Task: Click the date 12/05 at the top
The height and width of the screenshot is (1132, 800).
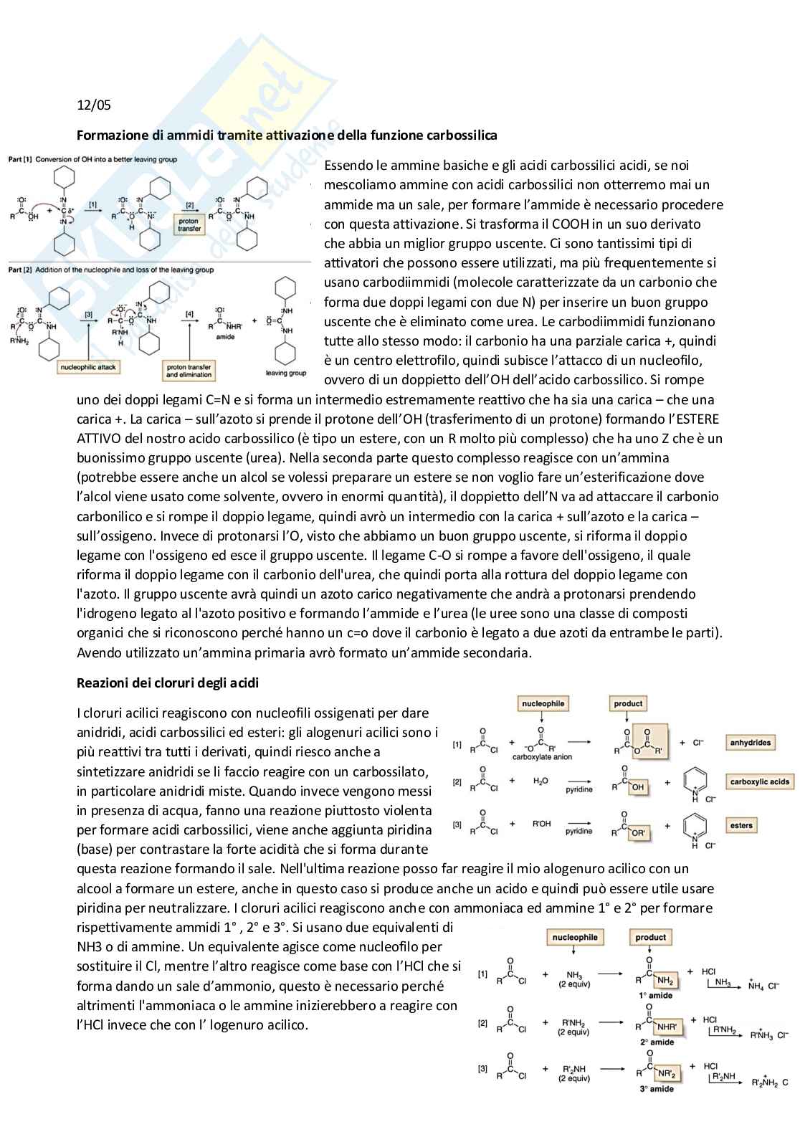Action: coord(94,105)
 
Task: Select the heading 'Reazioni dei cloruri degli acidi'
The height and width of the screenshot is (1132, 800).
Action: coord(168,683)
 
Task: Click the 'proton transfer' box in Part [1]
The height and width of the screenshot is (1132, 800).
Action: coord(189,225)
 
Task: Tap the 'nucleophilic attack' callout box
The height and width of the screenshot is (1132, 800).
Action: coord(88,367)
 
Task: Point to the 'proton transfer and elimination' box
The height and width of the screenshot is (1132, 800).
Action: coord(189,371)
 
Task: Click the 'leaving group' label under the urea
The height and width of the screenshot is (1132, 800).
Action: coord(285,373)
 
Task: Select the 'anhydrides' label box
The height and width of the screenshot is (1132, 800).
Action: coord(750,743)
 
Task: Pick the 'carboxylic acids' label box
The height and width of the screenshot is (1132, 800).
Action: coord(759,782)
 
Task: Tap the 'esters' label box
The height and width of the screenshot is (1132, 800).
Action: coord(741,825)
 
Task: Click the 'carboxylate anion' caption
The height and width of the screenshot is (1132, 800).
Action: coord(542,757)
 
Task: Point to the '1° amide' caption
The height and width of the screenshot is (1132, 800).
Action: coord(656,996)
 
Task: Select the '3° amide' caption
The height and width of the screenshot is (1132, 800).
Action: coord(657,1089)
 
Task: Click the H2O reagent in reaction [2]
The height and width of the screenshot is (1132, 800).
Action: coord(541,781)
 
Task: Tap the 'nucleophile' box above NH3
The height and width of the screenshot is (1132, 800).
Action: coord(574,937)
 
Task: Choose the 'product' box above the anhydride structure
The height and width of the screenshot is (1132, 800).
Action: coord(628,704)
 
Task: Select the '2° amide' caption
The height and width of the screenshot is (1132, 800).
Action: coord(657,1042)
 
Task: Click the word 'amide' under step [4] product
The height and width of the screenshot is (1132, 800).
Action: coord(225,336)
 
